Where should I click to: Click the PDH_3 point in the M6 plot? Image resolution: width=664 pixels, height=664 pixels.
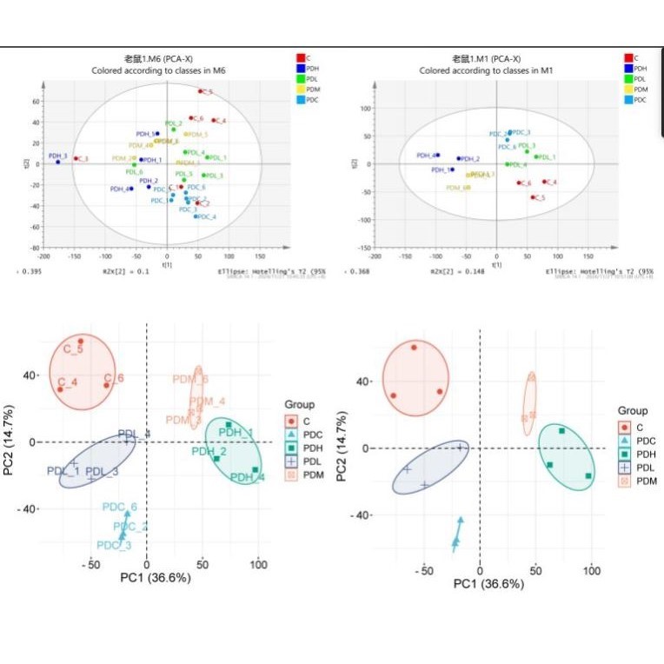58,162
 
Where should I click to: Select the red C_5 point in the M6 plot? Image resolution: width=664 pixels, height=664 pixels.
200,90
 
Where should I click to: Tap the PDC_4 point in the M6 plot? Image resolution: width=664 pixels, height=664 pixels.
196,216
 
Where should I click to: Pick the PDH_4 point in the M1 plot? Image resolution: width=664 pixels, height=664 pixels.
437,155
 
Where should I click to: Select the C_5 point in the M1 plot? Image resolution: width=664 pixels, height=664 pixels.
533,197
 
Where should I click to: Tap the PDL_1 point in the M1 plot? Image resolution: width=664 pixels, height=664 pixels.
536,157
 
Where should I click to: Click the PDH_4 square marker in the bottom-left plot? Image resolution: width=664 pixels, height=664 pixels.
256,470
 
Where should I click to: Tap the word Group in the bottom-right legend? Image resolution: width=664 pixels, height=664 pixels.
633,410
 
